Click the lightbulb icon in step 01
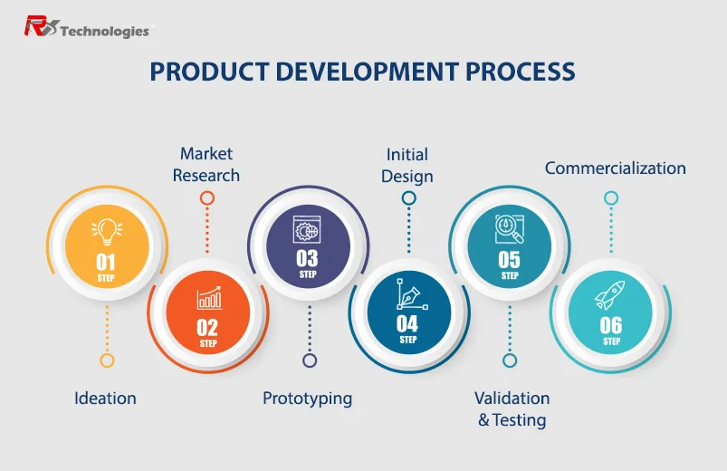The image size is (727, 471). (x=107, y=232)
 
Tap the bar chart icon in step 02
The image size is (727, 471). (x=209, y=298)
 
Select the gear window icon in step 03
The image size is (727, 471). (x=307, y=229)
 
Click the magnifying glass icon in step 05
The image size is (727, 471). (x=509, y=229)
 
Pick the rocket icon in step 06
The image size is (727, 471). (x=610, y=295)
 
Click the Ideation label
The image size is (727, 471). (x=105, y=399)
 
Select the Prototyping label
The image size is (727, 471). (x=308, y=399)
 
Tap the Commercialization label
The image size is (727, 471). (x=616, y=168)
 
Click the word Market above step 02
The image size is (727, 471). (x=206, y=154)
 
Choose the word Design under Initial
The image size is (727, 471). (x=407, y=177)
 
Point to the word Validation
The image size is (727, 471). (x=512, y=399)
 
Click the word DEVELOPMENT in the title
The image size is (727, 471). (x=368, y=72)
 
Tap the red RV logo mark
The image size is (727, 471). (x=42, y=26)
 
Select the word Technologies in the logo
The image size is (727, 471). (x=105, y=31)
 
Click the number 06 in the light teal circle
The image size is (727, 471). (x=610, y=326)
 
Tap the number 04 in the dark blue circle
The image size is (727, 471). (x=407, y=324)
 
